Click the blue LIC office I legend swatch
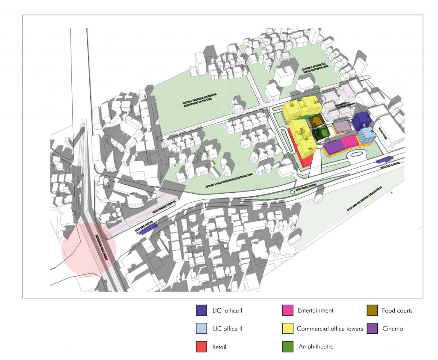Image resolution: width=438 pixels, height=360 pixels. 201,311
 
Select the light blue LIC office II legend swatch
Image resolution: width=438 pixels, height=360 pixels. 201,329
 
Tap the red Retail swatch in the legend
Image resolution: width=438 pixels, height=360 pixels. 201,347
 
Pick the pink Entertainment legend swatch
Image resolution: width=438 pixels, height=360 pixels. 288,311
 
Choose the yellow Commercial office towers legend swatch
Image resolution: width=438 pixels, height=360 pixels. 288,329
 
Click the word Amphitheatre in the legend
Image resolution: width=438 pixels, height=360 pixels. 316,347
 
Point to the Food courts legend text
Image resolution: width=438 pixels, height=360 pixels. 397,311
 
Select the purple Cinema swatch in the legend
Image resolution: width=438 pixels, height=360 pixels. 372,329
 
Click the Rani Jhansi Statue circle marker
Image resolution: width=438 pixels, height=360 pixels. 293,192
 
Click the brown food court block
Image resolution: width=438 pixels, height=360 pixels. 317,121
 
